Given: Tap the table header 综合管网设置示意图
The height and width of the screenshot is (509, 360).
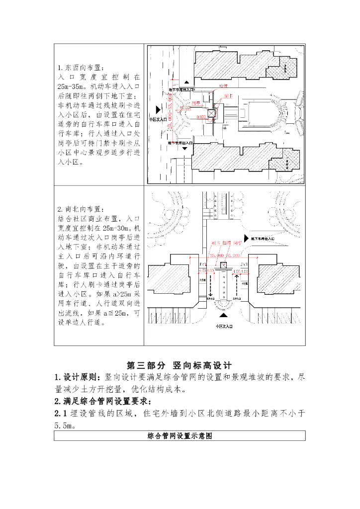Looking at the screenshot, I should pos(180,436).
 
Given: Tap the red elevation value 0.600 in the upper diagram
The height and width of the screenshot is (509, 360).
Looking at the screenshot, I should pos(201,116).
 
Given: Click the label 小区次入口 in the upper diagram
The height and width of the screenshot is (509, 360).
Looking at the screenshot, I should pos(158,120).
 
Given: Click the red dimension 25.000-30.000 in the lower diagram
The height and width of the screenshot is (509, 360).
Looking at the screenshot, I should pos(226,254).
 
